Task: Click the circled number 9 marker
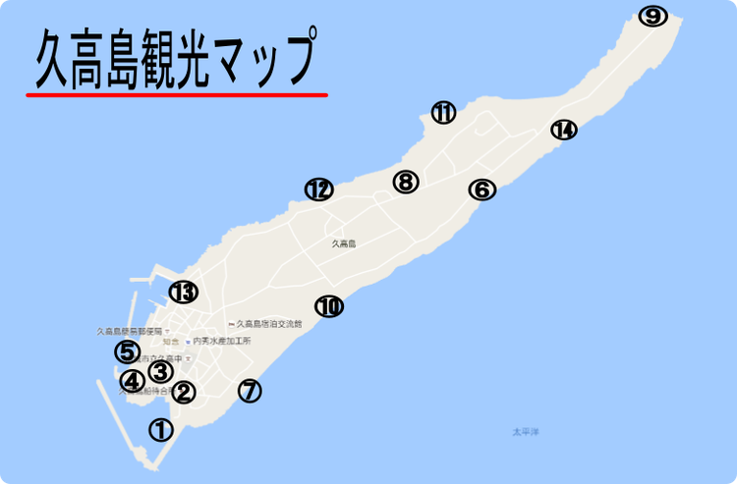point(652,16)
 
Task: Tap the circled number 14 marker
point(563,130)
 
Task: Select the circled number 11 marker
point(443,113)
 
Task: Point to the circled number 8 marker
point(406,182)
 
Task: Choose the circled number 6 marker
point(482,189)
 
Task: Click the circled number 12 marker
point(318,189)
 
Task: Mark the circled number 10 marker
point(329,306)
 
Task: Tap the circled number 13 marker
point(183,292)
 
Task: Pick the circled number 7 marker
point(251,391)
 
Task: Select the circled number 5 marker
point(127,350)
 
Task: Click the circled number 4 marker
point(132,381)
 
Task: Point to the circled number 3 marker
point(160,371)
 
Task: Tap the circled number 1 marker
point(160,429)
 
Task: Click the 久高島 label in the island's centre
point(342,243)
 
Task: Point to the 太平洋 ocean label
point(527,432)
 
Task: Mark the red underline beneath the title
point(177,95)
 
